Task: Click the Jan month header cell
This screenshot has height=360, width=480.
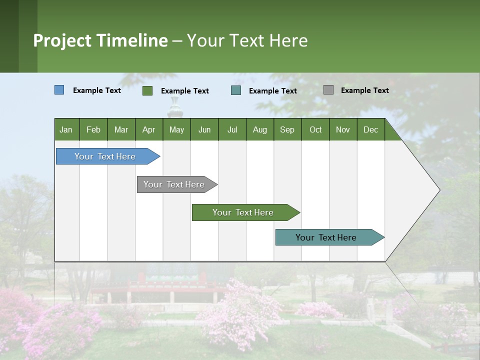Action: click(66, 130)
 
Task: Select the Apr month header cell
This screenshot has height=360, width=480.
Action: click(148, 130)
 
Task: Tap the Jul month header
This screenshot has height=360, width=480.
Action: click(232, 130)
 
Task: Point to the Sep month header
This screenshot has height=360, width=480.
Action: click(287, 130)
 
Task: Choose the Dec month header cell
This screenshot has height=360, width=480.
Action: click(370, 130)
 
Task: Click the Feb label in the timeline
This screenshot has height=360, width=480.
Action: click(93, 130)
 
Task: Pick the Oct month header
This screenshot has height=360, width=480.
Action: click(315, 130)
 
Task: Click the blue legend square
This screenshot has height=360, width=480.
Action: click(59, 90)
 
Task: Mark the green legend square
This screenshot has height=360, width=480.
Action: click(147, 90)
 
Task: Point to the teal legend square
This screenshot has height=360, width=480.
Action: click(236, 90)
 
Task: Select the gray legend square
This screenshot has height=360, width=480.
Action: click(328, 90)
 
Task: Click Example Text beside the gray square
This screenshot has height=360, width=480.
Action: click(364, 90)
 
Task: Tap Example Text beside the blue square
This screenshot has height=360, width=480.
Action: click(96, 90)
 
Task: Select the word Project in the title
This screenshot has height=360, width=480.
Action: click(62, 40)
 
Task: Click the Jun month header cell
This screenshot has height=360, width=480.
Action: click(204, 130)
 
